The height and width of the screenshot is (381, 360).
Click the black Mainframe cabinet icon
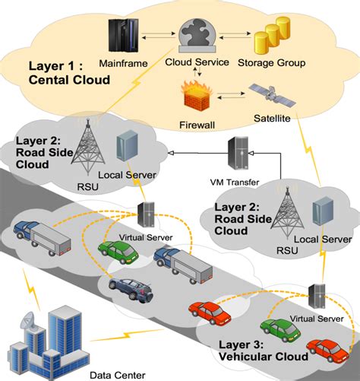click(124, 36)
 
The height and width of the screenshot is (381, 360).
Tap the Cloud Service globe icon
click(197, 35)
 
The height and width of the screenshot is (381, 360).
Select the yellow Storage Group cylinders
click(272, 36)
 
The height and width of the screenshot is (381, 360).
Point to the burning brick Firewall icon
click(197, 96)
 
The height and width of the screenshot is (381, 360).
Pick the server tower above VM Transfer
click(238, 153)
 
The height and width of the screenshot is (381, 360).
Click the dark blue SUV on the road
click(131, 290)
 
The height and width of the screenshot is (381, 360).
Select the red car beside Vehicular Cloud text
click(328, 350)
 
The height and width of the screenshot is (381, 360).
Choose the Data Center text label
click(118, 375)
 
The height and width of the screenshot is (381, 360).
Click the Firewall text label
click(197, 125)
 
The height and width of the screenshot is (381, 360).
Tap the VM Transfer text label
click(235, 182)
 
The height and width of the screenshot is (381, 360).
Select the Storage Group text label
click(272, 63)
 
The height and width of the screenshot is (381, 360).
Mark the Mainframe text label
click(123, 63)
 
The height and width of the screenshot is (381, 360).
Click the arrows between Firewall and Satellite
click(231, 95)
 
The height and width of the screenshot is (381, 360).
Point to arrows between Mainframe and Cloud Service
click(159, 36)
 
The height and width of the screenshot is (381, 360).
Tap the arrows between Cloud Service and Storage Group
click(235, 36)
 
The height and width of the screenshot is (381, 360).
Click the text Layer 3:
click(241, 344)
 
